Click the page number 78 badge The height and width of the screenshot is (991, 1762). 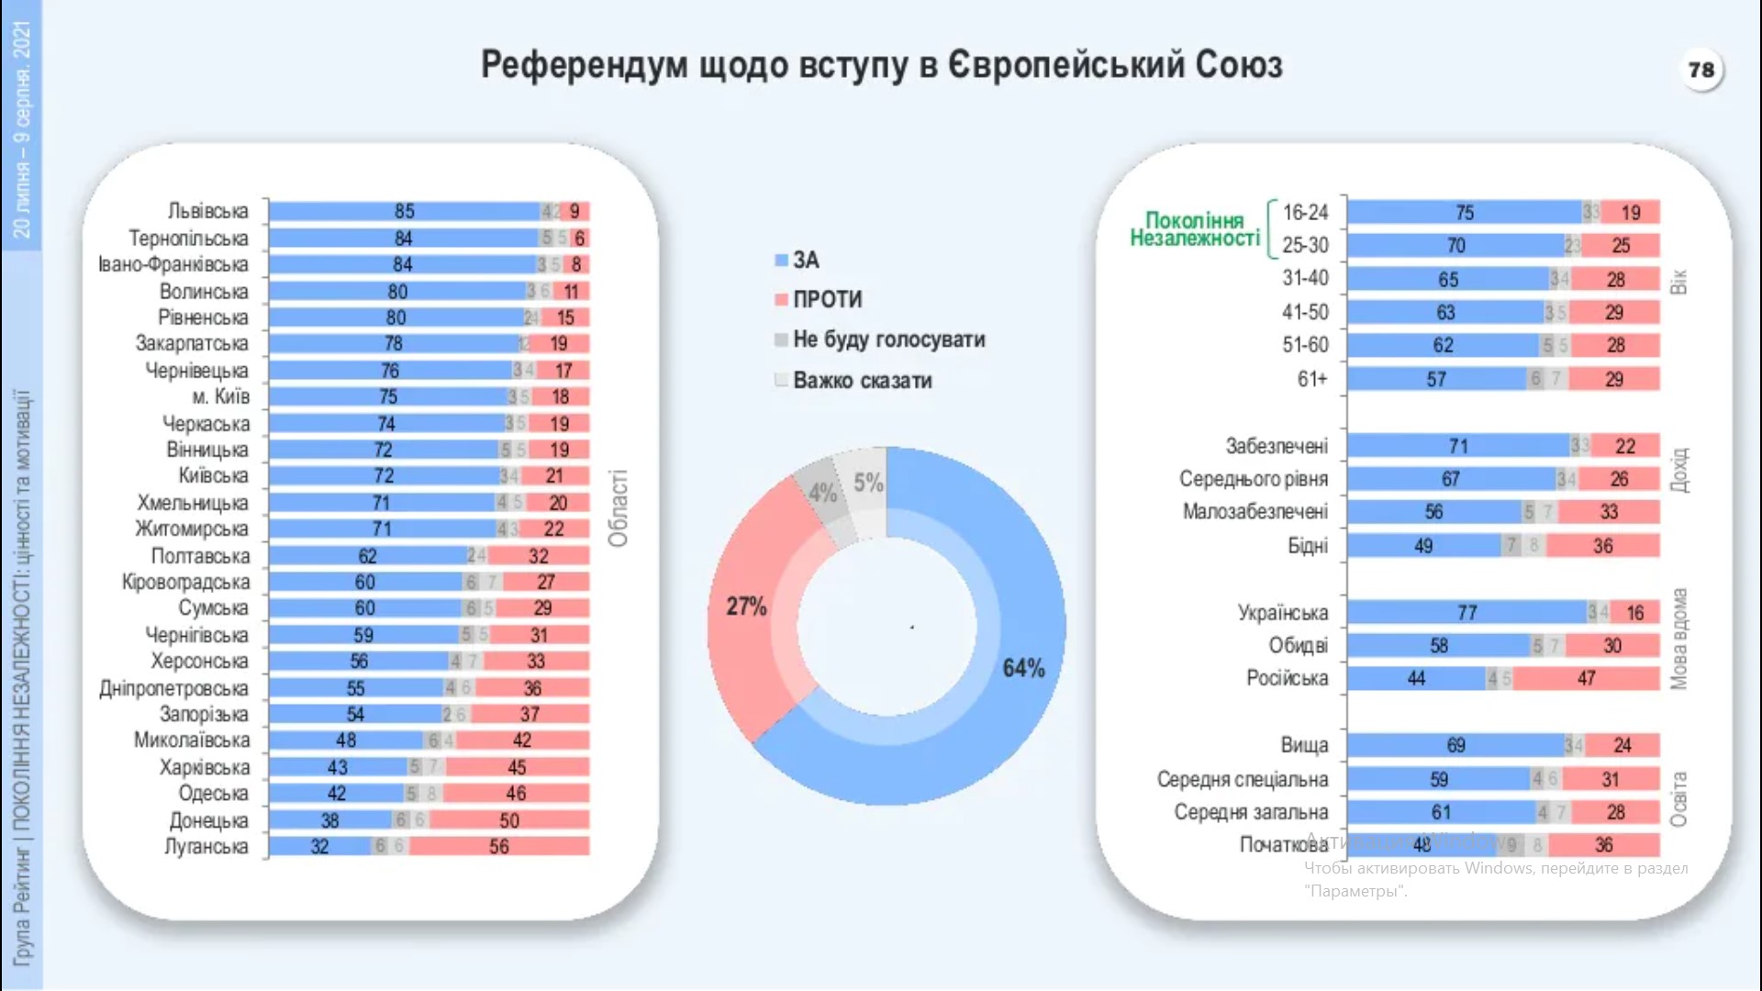point(1701,70)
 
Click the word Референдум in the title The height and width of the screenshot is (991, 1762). point(584,65)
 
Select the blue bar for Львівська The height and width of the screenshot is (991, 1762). point(404,212)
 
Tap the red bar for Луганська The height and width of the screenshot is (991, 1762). point(499,846)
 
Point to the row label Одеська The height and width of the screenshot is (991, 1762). point(213,794)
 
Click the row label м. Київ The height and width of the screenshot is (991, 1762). point(220,397)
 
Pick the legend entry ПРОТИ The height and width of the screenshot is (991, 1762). point(827,300)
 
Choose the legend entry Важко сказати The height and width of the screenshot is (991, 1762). point(862,381)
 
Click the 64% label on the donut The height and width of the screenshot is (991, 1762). point(1023,668)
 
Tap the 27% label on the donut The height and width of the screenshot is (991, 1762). point(746,607)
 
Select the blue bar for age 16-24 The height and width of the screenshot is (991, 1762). point(1464,213)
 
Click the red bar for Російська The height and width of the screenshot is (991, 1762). point(1586,679)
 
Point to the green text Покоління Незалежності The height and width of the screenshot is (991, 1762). point(1194,229)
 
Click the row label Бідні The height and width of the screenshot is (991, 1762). point(1307,547)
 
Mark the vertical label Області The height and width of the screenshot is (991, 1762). point(619,508)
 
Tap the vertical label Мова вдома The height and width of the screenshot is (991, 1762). point(1678,639)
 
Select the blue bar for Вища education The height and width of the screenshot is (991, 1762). point(1455,746)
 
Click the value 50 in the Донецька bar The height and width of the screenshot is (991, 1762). point(509,821)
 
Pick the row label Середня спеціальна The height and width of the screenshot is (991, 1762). point(1242,780)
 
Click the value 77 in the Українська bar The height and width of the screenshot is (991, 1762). point(1466,613)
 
